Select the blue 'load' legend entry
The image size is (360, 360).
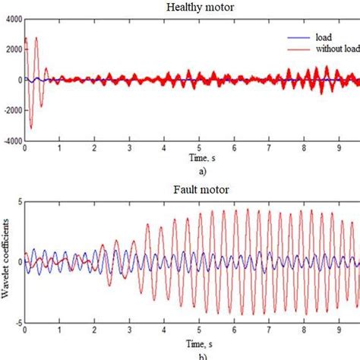[x=312, y=34]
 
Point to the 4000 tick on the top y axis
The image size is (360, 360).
[x=12, y=18]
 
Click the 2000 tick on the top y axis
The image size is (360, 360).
[x=12, y=49]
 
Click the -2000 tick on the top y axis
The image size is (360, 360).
[x=11, y=110]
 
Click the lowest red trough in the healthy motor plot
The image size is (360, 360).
[x=30, y=128]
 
